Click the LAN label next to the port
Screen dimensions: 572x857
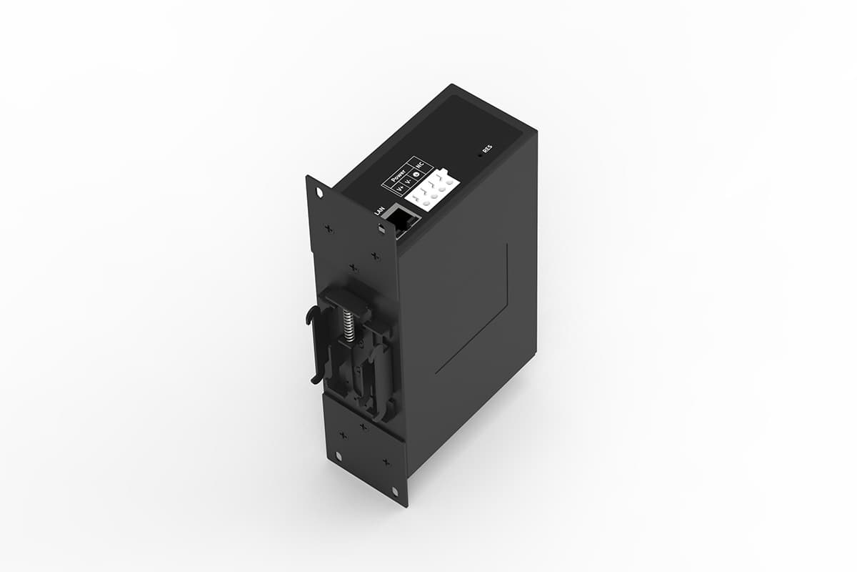tap(379, 210)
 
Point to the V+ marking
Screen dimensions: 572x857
tap(399, 189)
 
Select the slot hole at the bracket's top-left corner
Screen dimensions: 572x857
tap(319, 192)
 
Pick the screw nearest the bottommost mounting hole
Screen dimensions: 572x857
tap(386, 463)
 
